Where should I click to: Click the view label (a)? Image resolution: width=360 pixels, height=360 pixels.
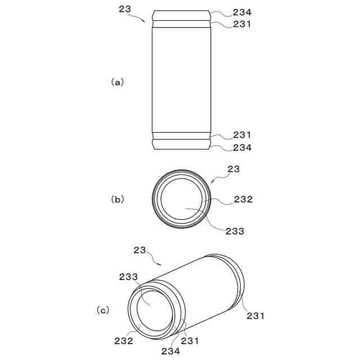118,82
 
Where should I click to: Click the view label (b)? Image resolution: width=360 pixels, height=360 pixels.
118,200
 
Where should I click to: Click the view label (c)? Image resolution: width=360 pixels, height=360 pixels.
102,310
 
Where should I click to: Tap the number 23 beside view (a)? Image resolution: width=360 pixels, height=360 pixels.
125,9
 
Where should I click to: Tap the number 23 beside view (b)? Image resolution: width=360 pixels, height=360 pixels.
233,169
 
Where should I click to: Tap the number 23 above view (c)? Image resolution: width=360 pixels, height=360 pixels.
139,250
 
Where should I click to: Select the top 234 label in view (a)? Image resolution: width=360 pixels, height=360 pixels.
242,12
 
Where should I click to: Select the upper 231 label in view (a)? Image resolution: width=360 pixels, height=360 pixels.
242,24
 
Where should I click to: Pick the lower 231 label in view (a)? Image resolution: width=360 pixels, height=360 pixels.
242,135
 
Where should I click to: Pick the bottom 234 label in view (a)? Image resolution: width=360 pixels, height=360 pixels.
242,147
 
